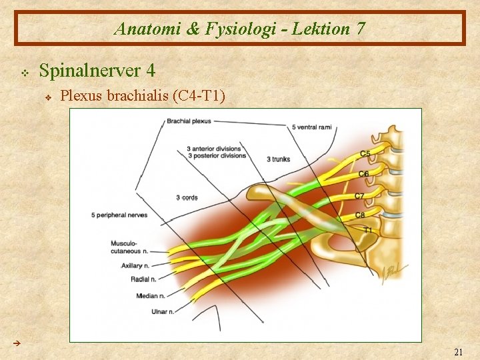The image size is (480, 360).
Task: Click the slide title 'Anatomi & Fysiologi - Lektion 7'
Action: pyautogui.click(x=239, y=29)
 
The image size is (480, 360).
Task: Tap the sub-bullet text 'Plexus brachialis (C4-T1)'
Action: pyautogui.click(x=143, y=96)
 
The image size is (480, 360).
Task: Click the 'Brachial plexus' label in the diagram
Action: pyautogui.click(x=189, y=121)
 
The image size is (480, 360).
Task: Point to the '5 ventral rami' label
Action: pyautogui.click(x=311, y=127)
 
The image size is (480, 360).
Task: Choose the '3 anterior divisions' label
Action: pyautogui.click(x=214, y=149)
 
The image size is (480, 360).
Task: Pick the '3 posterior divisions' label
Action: pyautogui.click(x=216, y=156)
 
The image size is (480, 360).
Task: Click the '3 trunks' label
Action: pyautogui.click(x=278, y=159)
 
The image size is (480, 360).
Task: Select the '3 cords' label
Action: pyautogui.click(x=187, y=198)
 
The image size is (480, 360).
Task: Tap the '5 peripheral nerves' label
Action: pyautogui.click(x=119, y=215)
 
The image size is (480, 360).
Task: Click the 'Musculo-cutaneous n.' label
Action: pyautogui.click(x=126, y=248)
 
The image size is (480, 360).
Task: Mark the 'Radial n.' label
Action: pyautogui.click(x=144, y=280)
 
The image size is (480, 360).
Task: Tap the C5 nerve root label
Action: pyautogui.click(x=365, y=154)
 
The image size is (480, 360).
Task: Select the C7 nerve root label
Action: pyautogui.click(x=359, y=196)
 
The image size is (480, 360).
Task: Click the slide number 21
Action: pyautogui.click(x=458, y=352)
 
